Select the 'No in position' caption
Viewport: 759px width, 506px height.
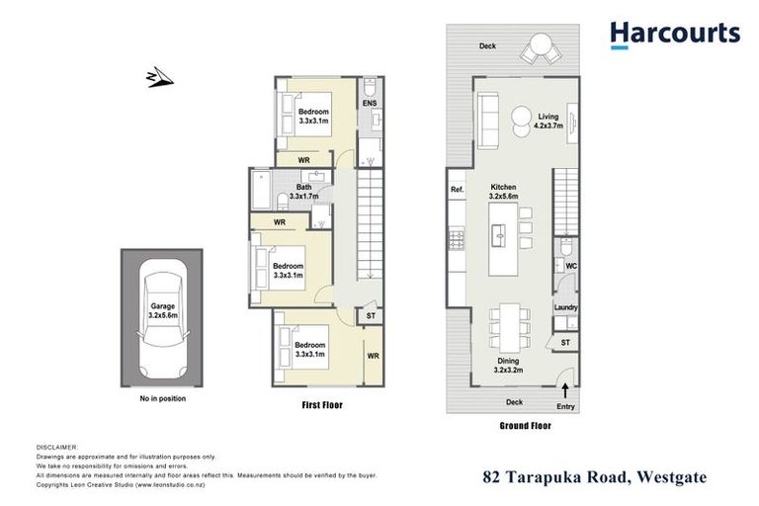[162, 398]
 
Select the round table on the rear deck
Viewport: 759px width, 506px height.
[540, 45]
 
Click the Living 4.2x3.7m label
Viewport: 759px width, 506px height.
[548, 121]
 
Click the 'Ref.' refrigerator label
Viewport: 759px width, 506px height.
[457, 189]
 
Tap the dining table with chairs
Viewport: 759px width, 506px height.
[512, 325]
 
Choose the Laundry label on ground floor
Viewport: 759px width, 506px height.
[565, 308]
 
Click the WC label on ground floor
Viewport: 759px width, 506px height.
[571, 266]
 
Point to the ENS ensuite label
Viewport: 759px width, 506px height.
[370, 103]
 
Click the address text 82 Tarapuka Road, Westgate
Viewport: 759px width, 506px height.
[595, 477]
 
